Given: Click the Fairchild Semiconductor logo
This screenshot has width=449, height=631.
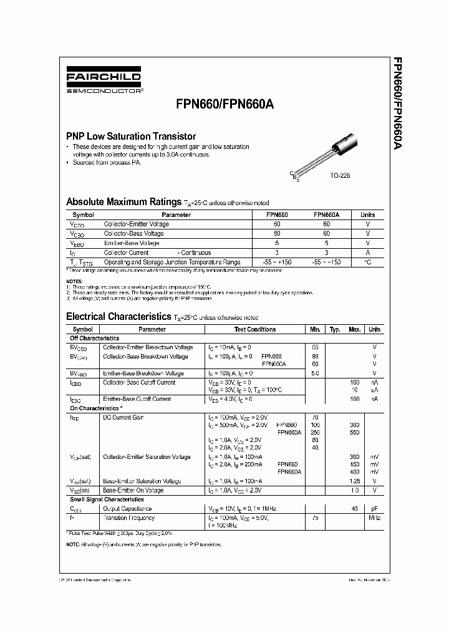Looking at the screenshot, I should pos(104,82).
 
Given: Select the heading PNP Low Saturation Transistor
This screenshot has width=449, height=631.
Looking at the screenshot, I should pos(131,136).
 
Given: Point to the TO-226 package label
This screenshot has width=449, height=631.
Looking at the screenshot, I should pos(340,176).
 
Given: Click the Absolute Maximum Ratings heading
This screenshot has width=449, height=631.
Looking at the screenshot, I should pos(123,202).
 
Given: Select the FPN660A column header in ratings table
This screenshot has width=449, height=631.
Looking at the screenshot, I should pos(326,214).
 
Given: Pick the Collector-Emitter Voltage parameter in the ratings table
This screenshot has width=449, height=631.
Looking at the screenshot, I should pos(136,224).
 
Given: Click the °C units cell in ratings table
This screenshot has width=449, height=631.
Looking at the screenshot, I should pos(367,263).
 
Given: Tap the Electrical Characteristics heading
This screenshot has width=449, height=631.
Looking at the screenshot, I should pos(118,317).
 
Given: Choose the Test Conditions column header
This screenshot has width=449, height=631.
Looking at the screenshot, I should pos(254,329).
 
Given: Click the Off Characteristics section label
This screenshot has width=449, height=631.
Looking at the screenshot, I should pos(94,338).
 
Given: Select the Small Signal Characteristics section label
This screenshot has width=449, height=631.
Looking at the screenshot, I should pos(106,499).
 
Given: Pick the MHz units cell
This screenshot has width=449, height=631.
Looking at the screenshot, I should pos(374,518).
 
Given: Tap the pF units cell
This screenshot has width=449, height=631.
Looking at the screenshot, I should pos(374,509).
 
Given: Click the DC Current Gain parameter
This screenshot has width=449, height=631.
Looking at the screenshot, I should pos(123,417).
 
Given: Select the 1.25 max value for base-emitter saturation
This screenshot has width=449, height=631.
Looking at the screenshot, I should pos(354,481).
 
